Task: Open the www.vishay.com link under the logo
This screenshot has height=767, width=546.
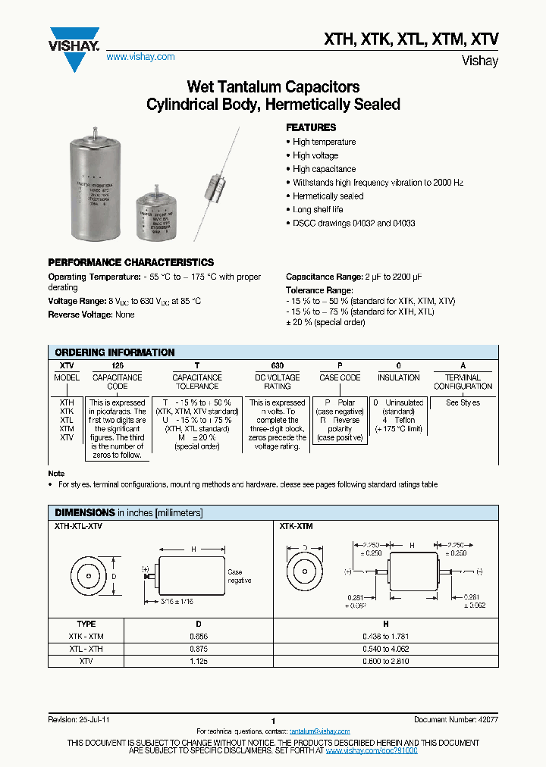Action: pos(140,57)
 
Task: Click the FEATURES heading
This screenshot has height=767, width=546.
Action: pos(310,127)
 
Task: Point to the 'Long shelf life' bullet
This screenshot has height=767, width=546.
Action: pos(318,210)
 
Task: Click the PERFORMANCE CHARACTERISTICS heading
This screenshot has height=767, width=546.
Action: pos(130,262)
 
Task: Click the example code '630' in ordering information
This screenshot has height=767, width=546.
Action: pos(277,365)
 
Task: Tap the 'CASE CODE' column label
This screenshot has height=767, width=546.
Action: pos(339,377)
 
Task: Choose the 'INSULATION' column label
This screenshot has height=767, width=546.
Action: pos(398,377)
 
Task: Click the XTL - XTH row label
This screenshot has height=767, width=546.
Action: pos(86,650)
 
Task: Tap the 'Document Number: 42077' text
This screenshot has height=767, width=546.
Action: pos(456,719)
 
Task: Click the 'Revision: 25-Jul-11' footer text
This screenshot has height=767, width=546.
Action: pos(79,719)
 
